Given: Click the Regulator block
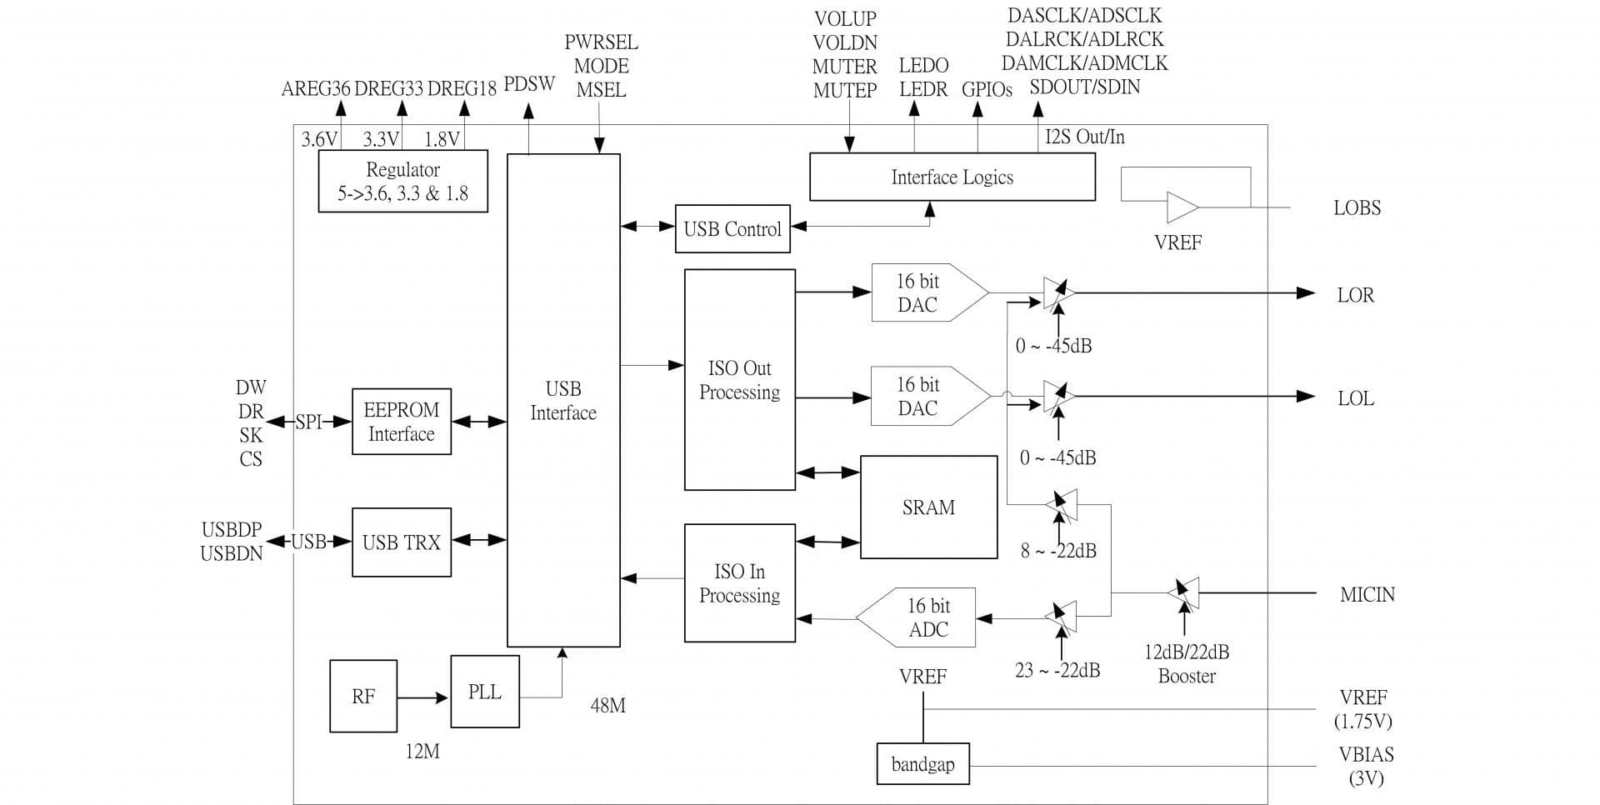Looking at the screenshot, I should (402, 182).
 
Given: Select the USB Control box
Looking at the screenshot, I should (732, 229).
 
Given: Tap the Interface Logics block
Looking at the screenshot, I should (952, 177).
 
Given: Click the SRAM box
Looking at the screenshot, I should (928, 507).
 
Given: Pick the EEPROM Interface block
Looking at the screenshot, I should (401, 422).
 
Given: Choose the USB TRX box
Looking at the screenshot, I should (401, 542).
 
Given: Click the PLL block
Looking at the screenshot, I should (484, 692).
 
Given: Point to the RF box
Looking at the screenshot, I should (362, 697).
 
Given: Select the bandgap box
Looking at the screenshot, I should (922, 764).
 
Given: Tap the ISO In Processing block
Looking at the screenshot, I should (739, 583).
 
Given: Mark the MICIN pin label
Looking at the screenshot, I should (1367, 595).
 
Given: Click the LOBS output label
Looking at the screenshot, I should (1357, 208).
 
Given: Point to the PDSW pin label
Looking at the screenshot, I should (529, 85).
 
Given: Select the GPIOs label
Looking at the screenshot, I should (987, 90).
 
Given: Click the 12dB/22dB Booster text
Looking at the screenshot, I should (1187, 664).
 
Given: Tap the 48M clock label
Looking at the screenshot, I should (607, 706).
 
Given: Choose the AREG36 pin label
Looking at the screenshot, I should (316, 89).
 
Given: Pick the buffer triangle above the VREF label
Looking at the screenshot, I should (1182, 207).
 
